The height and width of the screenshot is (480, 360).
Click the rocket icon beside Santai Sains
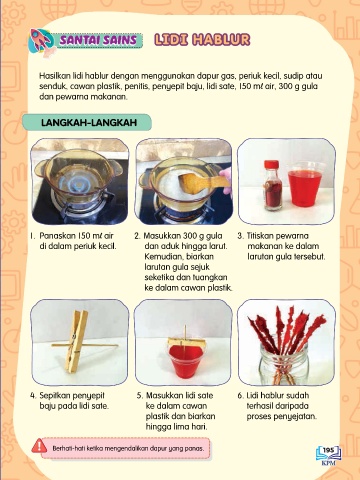pyautogui.click(x=41, y=41)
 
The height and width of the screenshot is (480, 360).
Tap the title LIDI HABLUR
pyautogui.click(x=202, y=40)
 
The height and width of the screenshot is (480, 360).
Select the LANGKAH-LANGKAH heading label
pyautogui.click(x=89, y=122)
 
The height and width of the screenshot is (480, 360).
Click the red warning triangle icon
pyautogui.click(x=39, y=446)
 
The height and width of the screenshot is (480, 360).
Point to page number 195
pyautogui.click(x=328, y=450)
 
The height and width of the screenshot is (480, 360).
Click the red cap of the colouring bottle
pyautogui.click(x=271, y=164)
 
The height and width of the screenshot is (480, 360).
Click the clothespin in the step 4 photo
pyautogui.click(x=76, y=341)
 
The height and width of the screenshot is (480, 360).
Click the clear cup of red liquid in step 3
pyautogui.click(x=304, y=188)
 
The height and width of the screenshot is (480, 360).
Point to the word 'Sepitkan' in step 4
pyautogui.click(x=54, y=396)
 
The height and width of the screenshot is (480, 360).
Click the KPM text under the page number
pyautogui.click(x=328, y=463)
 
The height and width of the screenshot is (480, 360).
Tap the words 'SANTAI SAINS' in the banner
pyautogui.click(x=98, y=40)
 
